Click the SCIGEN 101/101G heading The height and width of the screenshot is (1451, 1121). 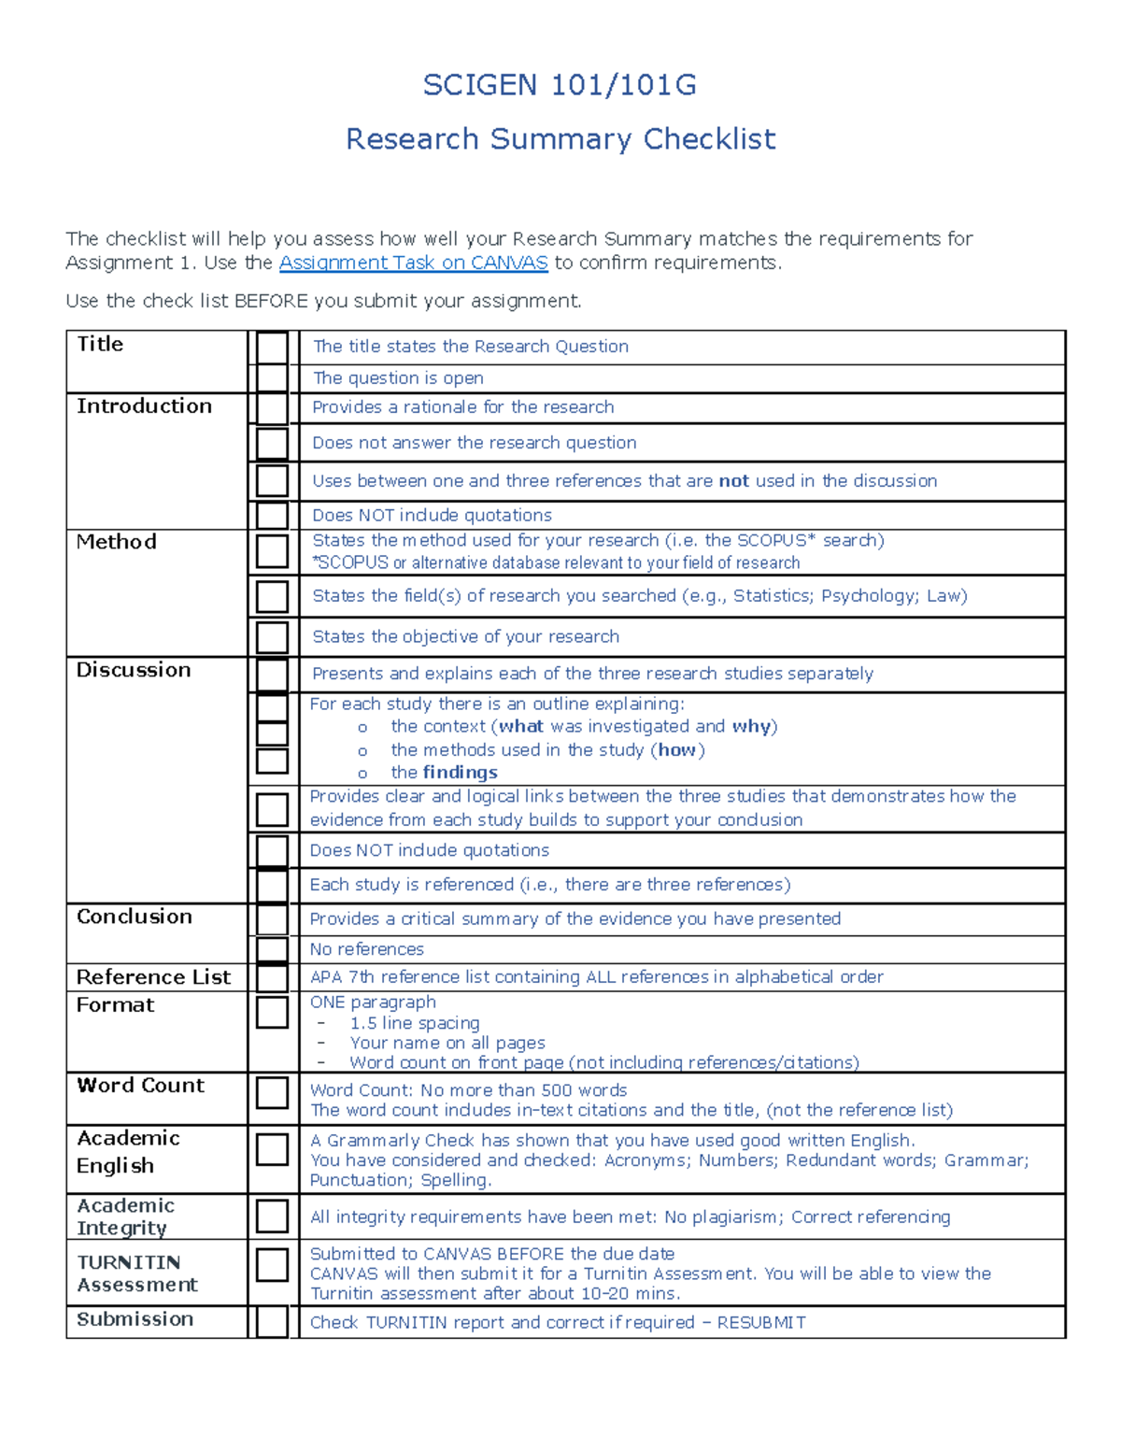[560, 85]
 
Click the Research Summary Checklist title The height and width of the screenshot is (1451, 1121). [560, 139]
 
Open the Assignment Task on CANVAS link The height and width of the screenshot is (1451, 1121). [413, 263]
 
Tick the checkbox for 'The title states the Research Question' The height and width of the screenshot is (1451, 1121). [272, 348]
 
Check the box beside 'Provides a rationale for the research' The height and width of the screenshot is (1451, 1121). [272, 408]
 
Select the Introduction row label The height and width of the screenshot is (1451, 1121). [144, 406]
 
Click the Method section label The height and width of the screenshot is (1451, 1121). [116, 542]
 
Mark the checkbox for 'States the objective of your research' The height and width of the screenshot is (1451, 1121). [272, 637]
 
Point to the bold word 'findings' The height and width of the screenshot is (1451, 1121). [460, 773]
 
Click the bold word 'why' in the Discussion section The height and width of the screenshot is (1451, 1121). [751, 727]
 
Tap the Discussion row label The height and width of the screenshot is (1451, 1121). [134, 670]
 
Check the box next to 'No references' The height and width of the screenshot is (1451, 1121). [272, 950]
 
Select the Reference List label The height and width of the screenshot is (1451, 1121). [153, 977]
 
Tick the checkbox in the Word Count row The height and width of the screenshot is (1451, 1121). [272, 1092]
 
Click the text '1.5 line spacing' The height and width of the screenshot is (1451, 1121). [415, 1023]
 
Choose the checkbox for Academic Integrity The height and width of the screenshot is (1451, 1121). [272, 1216]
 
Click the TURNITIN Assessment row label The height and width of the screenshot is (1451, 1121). [137, 1273]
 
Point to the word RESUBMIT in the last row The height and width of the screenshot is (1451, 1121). [760, 1323]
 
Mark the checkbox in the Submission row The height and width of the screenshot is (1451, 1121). [272, 1322]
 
